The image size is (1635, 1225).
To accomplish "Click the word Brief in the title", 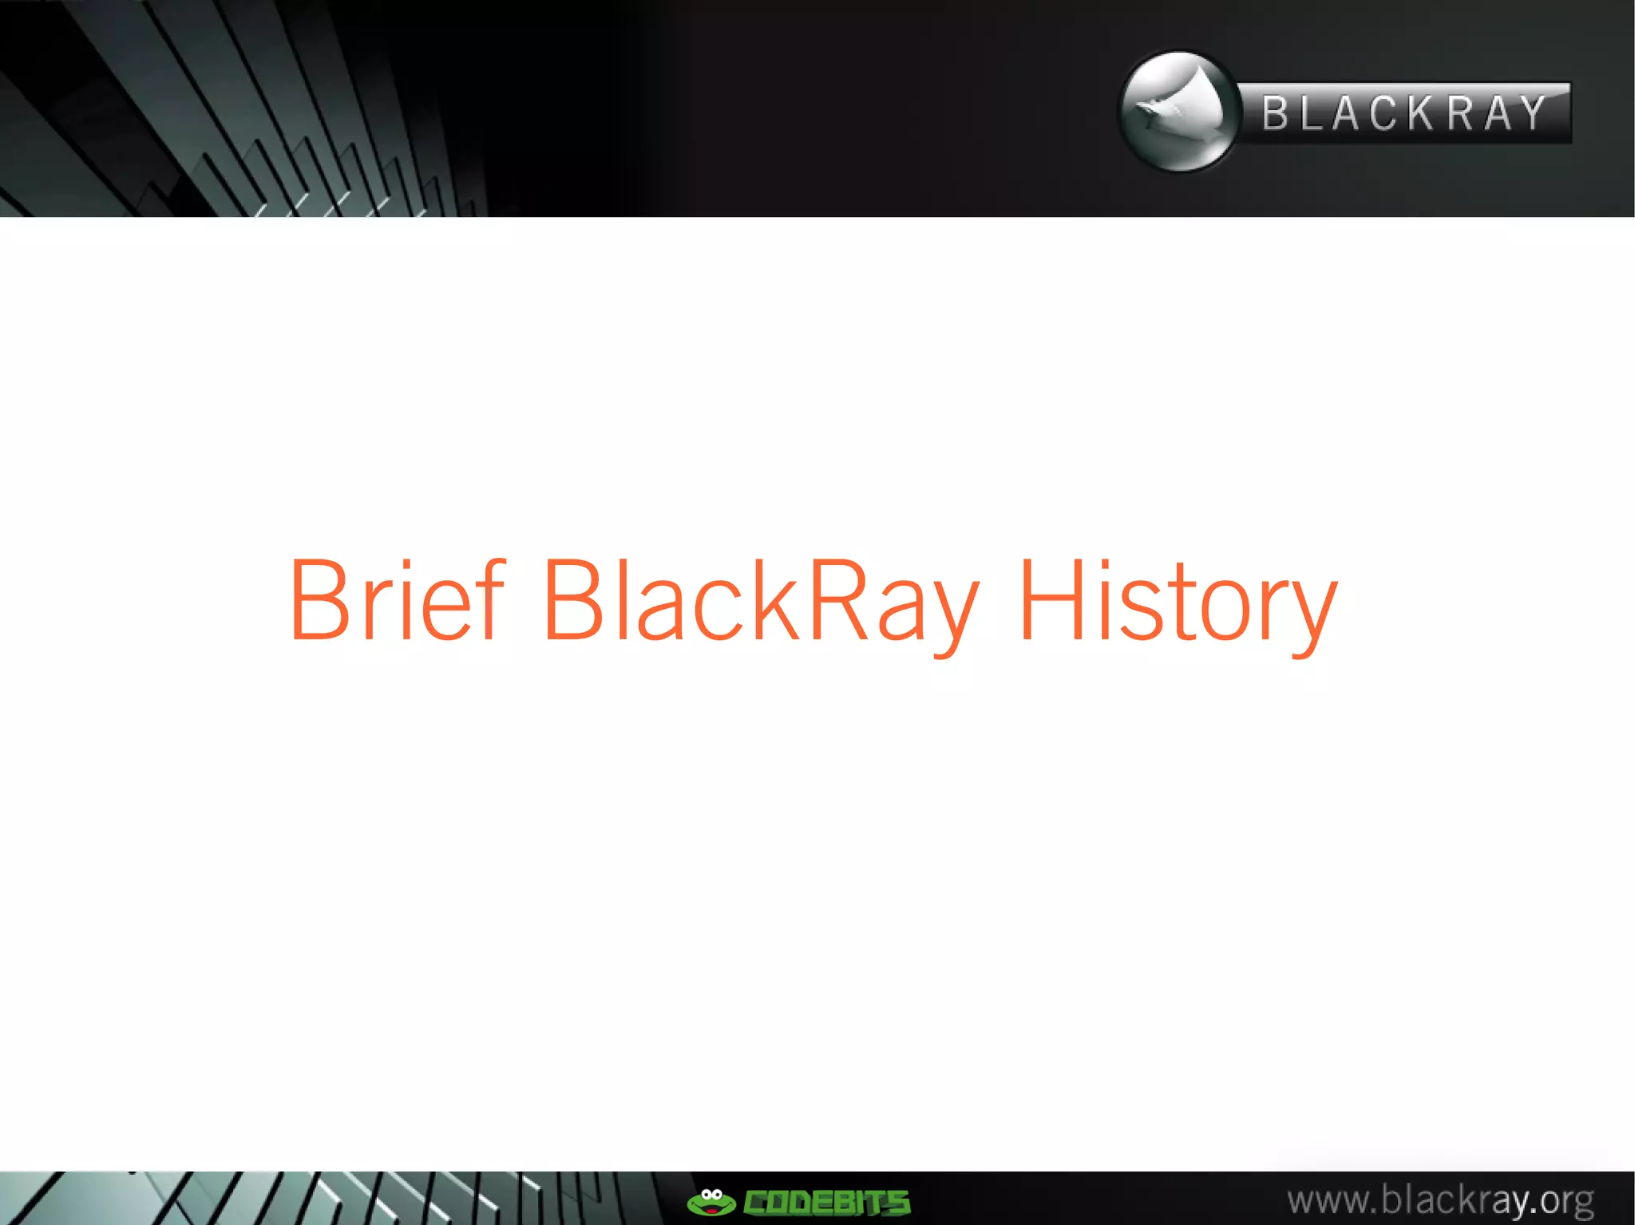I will (397, 600).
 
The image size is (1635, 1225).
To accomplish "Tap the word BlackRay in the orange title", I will (761, 600).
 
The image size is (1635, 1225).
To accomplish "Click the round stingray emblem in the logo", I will (1179, 112).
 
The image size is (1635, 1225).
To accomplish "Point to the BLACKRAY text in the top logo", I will (1404, 113).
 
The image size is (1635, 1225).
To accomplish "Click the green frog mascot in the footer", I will (711, 1201).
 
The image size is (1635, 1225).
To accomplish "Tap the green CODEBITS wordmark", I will (826, 1202).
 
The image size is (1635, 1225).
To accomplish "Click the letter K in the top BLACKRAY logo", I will (1421, 113).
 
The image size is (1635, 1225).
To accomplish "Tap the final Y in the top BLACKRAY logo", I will (1534, 113).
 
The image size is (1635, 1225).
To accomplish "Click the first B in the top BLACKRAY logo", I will (1275, 113).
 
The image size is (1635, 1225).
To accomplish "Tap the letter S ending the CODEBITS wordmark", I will (897, 1202).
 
